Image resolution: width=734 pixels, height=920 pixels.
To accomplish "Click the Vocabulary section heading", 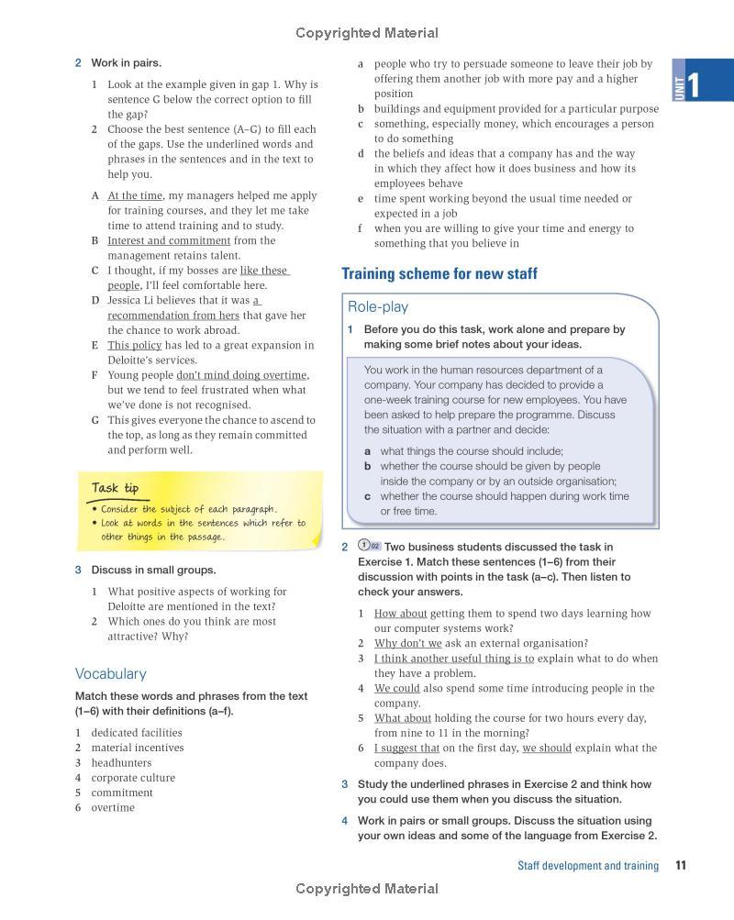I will (x=110, y=673).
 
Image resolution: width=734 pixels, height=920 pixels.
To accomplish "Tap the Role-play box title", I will (x=378, y=307).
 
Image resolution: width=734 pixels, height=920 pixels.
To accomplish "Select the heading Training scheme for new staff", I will (x=439, y=274).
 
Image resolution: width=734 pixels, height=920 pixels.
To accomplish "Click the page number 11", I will (x=681, y=865).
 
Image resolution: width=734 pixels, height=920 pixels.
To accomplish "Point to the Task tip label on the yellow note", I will (x=115, y=489).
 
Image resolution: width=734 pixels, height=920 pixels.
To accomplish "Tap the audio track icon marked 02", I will (x=369, y=547).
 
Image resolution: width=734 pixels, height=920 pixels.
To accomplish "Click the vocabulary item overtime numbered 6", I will (x=112, y=807).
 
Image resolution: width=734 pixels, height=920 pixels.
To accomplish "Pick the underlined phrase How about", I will (x=400, y=614).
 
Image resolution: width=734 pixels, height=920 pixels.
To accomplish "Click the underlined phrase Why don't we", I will (x=407, y=643).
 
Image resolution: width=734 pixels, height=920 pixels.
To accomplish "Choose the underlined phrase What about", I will (x=402, y=718).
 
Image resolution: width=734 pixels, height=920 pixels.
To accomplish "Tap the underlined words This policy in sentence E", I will (x=134, y=345).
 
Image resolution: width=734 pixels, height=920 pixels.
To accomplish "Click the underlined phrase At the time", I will (x=135, y=195).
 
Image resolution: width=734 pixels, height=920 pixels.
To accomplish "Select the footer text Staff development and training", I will (x=587, y=865).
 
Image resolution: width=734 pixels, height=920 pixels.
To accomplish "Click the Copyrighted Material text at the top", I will (x=367, y=33).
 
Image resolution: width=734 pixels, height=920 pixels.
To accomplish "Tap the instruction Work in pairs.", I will (x=126, y=63).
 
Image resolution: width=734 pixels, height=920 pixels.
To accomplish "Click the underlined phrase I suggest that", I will (x=406, y=748).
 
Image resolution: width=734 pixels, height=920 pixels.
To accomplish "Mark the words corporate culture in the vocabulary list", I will (x=132, y=778).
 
